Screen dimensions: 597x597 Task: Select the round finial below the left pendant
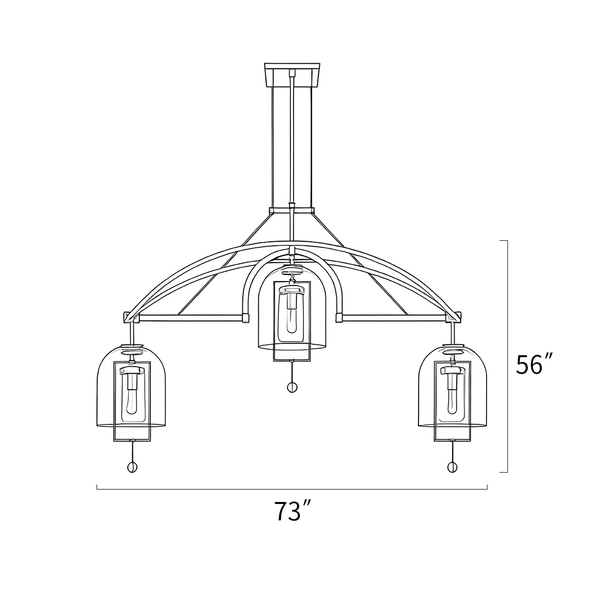[x=132, y=467]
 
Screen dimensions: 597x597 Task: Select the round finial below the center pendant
[x=292, y=387]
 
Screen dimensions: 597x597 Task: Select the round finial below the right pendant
[x=452, y=467]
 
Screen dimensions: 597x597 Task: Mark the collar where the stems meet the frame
[x=292, y=210]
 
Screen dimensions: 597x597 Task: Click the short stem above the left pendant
[x=132, y=332]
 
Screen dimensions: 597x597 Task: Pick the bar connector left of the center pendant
[x=245, y=318]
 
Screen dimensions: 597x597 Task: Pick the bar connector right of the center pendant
[x=339, y=318]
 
